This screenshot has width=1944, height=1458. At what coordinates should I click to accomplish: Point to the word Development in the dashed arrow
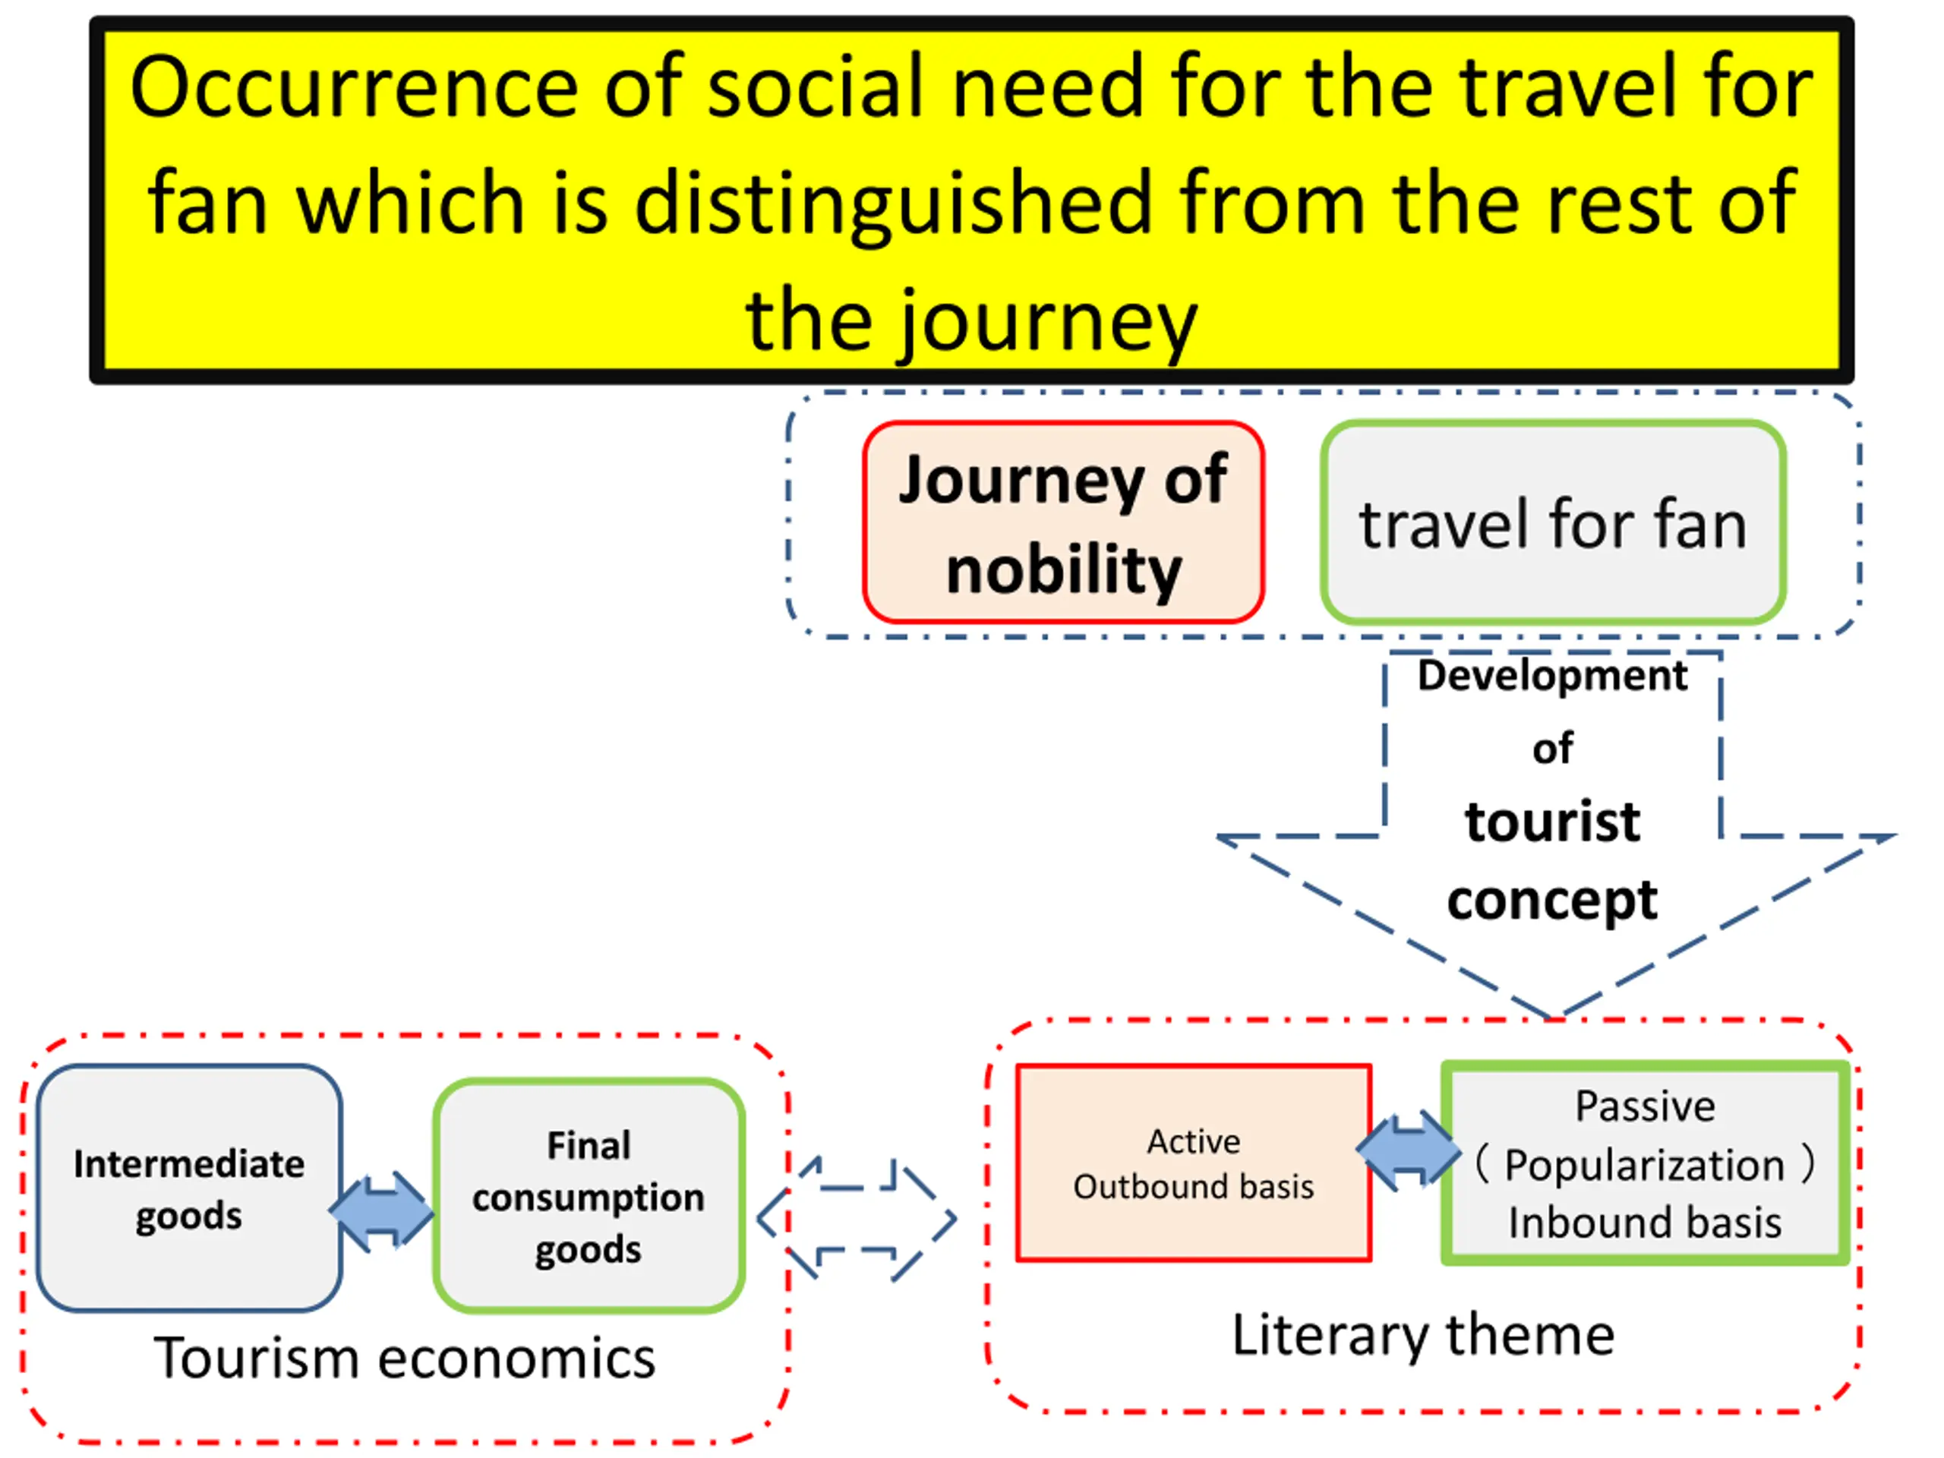(x=1552, y=676)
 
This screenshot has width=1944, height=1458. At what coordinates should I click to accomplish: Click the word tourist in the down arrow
(x=1552, y=822)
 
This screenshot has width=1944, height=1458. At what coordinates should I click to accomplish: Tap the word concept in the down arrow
(x=1552, y=900)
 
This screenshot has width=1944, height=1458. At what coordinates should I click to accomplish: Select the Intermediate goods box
(x=189, y=1188)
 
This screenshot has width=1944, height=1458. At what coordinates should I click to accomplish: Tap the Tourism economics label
(x=404, y=1359)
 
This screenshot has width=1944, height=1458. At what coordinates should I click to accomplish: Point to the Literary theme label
(x=1423, y=1336)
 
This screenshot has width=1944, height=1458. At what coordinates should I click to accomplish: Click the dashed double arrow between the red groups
(x=857, y=1219)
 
